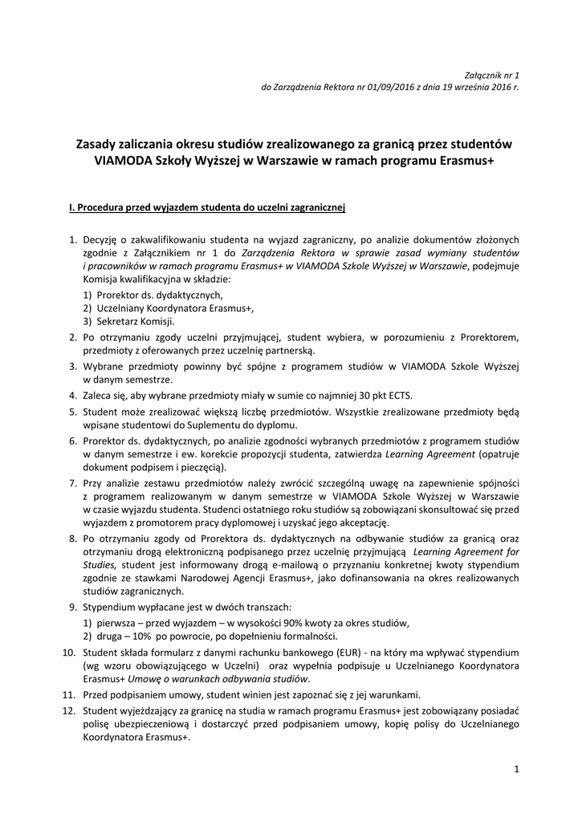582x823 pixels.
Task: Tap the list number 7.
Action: (x=72, y=482)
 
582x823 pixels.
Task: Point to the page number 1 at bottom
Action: (x=517, y=770)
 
